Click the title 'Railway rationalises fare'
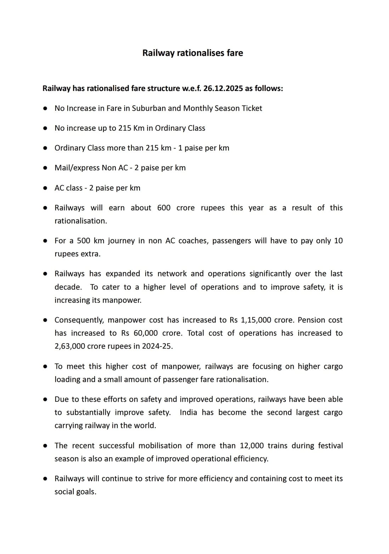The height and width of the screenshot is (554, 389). tap(192, 53)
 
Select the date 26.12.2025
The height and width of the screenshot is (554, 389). tap(223, 88)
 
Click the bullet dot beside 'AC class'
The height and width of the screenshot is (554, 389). tap(45, 188)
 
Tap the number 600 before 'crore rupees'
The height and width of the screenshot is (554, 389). tap(164, 208)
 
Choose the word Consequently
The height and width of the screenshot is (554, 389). tap(79, 320)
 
